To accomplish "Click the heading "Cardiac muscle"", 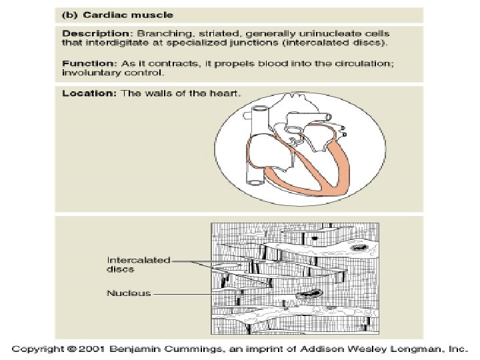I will [x=118, y=15].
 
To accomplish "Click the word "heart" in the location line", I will [x=224, y=93].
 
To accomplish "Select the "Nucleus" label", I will [x=129, y=293].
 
